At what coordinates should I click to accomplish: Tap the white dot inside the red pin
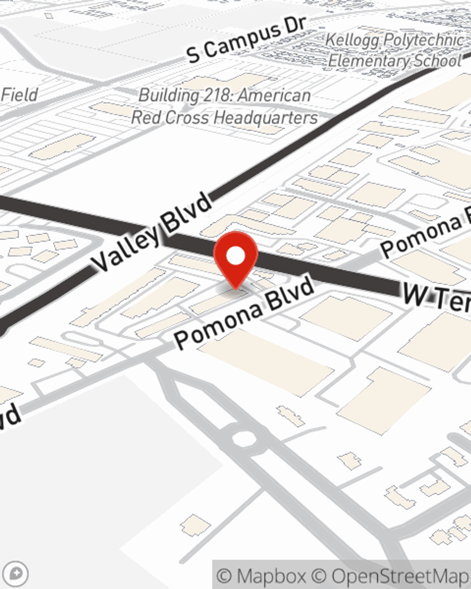point(235,256)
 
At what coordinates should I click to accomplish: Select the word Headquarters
point(271,118)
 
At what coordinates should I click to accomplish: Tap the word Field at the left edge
point(19,95)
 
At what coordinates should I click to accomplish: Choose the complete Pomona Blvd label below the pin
point(244,312)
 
